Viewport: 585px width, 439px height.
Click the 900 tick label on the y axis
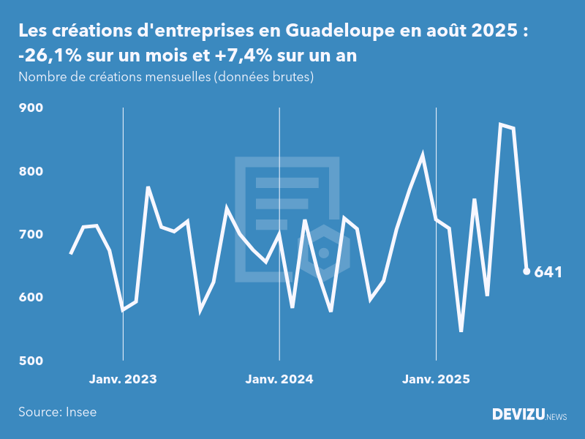point(31,108)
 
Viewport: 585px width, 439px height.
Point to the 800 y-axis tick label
point(31,171)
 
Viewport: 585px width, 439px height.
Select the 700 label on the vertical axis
point(31,234)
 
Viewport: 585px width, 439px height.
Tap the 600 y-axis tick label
point(31,298)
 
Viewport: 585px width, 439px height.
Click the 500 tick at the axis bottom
point(31,361)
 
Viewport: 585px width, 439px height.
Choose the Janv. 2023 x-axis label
point(123,379)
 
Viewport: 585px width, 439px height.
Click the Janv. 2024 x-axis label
point(279,379)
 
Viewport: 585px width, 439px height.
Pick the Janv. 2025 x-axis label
point(436,379)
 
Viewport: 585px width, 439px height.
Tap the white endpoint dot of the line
point(526,271)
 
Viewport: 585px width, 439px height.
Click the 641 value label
point(548,272)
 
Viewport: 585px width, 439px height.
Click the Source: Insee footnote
point(58,412)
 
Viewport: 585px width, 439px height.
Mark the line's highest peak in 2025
point(501,124)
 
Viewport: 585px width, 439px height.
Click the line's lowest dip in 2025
point(461,331)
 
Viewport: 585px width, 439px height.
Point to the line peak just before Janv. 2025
point(423,154)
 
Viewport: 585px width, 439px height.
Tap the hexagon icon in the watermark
point(324,252)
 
